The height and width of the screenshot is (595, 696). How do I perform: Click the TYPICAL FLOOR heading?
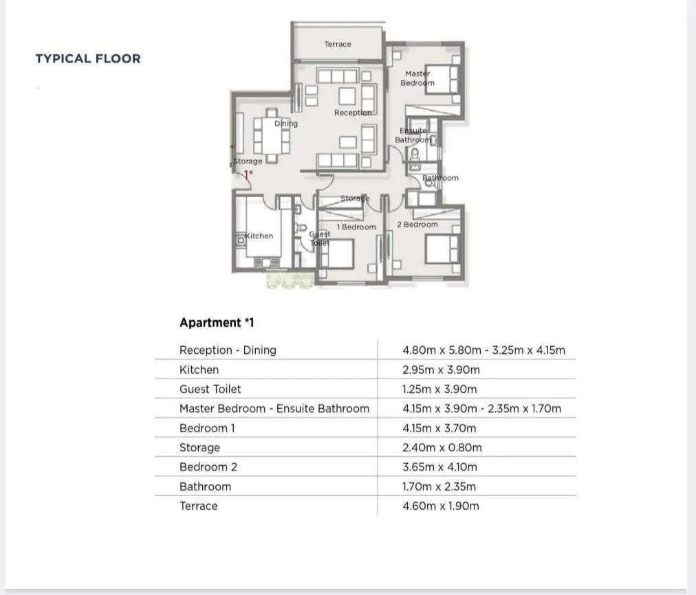(x=88, y=58)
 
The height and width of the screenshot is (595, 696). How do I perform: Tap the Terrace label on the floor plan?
(x=338, y=45)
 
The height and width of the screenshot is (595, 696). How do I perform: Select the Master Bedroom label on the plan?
(x=417, y=78)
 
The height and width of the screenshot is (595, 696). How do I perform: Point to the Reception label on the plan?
(x=353, y=113)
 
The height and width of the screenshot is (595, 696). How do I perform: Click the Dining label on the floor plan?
(x=286, y=123)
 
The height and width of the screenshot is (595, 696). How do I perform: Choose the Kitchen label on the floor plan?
(x=259, y=236)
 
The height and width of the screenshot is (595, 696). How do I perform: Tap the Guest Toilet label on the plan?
(x=320, y=238)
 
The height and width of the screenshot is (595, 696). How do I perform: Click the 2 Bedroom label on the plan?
(x=417, y=225)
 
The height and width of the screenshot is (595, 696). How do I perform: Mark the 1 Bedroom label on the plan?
(x=356, y=227)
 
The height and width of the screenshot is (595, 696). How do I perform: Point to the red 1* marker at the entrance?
(x=248, y=175)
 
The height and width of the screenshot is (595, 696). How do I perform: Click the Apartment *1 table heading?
(x=217, y=322)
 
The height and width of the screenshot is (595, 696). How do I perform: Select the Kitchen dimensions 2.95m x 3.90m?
(x=441, y=370)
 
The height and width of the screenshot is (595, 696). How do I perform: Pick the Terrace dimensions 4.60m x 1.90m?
(x=440, y=506)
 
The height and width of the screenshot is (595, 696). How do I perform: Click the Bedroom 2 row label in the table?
(x=208, y=467)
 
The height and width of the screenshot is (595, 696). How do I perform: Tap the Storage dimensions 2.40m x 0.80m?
(x=442, y=447)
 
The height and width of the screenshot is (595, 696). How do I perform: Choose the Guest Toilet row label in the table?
(x=210, y=390)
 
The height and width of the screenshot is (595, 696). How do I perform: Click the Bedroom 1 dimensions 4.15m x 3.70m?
(x=439, y=428)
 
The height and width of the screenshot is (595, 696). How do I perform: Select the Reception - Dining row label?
(x=228, y=350)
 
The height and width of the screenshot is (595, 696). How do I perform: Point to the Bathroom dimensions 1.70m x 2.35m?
(x=439, y=486)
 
